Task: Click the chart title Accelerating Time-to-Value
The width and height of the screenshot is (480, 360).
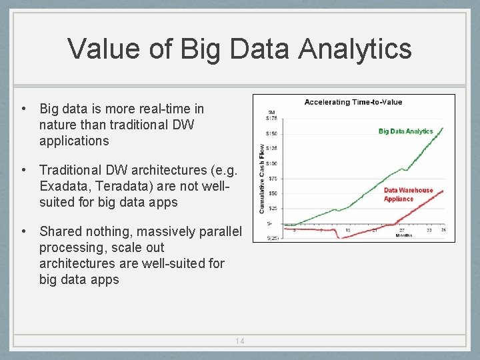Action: click(353, 102)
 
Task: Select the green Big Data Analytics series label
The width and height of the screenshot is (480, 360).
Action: click(405, 131)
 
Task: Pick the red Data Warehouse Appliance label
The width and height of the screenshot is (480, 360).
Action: click(408, 194)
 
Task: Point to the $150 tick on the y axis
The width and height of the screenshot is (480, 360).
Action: click(272, 133)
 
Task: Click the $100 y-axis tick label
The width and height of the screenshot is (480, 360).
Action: click(272, 163)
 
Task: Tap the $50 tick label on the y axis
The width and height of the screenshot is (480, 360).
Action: click(272, 193)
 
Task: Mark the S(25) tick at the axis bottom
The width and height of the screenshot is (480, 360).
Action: click(272, 238)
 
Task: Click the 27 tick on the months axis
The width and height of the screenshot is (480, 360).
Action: click(402, 230)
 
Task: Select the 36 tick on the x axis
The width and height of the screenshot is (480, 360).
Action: click(443, 230)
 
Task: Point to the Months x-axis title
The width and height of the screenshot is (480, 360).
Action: click(404, 235)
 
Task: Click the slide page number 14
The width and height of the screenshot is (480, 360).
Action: click(240, 341)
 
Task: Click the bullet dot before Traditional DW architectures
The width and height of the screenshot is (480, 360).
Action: click(23, 170)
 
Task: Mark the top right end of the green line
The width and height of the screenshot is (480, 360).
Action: click(443, 128)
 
